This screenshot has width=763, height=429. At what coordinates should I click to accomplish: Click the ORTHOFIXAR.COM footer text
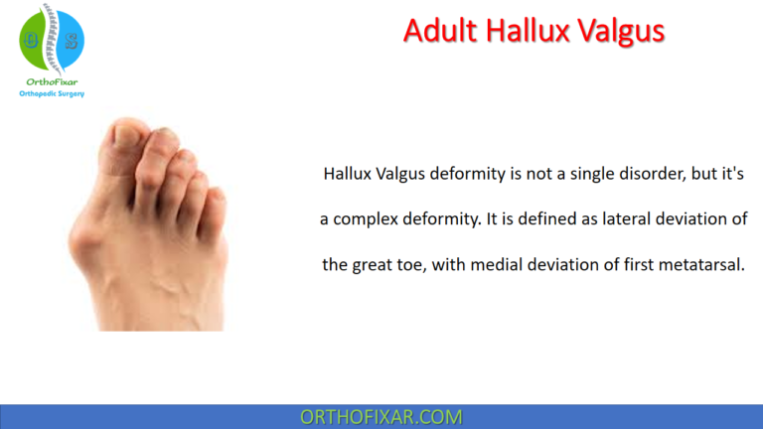pos(381,416)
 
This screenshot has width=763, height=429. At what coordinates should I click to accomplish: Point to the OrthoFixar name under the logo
pos(51,82)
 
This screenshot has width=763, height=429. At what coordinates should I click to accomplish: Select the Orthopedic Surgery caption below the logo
pos(52,94)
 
